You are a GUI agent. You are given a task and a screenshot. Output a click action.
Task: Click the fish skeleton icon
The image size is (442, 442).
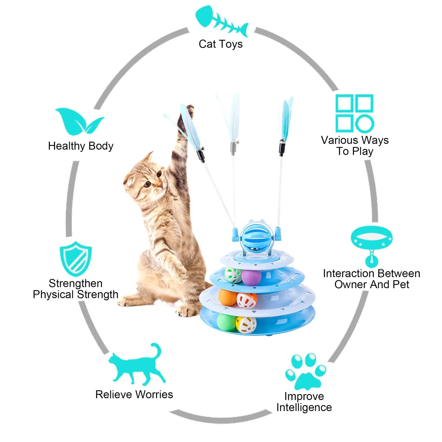tap(221, 21)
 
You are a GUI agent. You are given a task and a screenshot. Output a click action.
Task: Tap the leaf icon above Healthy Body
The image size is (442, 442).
tap(80, 121)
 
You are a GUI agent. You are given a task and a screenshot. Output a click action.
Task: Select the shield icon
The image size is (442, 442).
tap(76, 259)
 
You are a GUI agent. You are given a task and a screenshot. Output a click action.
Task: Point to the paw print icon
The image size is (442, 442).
tap(305, 371)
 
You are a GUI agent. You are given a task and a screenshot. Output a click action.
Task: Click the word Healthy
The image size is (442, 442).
tap(66, 146)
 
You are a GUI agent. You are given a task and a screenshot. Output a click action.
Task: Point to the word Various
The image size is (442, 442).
tap(340, 140)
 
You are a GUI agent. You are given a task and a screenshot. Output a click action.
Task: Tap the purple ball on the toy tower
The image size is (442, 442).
tap(251, 277)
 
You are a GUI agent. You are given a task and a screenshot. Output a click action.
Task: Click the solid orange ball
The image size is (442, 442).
tap(228, 297)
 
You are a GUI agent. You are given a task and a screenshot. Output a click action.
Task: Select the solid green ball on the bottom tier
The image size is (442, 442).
tap(226, 322)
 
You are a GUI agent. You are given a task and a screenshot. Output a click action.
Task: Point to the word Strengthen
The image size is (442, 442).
tap(76, 284)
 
